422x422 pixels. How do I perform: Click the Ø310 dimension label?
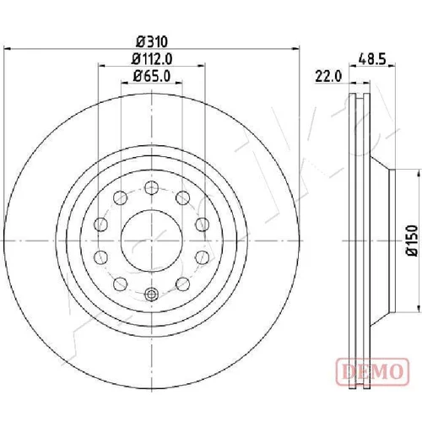[152, 42]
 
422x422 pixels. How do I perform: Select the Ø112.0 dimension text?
[152, 59]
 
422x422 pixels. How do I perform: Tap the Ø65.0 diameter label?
[152, 76]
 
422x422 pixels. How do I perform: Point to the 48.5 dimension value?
[372, 59]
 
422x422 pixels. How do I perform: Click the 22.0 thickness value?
[328, 76]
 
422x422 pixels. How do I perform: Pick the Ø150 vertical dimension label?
[413, 241]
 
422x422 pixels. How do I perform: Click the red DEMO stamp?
[372, 371]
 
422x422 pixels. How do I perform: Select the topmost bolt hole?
[152, 188]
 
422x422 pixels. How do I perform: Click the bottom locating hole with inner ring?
[151, 294]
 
